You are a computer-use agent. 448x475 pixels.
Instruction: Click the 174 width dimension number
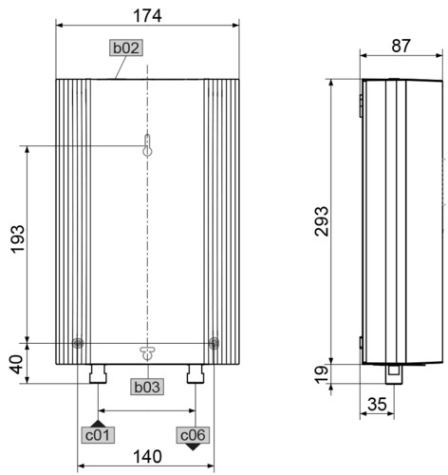tap(147, 16)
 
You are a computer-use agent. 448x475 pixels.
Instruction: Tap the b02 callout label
tap(126, 47)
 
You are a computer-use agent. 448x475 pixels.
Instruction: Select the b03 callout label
tap(147, 387)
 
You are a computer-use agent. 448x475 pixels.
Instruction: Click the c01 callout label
tap(98, 435)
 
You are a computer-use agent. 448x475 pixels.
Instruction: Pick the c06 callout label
tap(193, 435)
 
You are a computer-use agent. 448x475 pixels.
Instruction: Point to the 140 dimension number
tap(147, 457)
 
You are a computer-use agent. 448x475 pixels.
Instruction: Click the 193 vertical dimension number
tap(18, 238)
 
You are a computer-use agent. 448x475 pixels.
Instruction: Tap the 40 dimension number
tap(17, 365)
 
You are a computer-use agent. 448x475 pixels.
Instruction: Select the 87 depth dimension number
tap(401, 46)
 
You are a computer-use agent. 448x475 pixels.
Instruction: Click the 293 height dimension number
tap(322, 221)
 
